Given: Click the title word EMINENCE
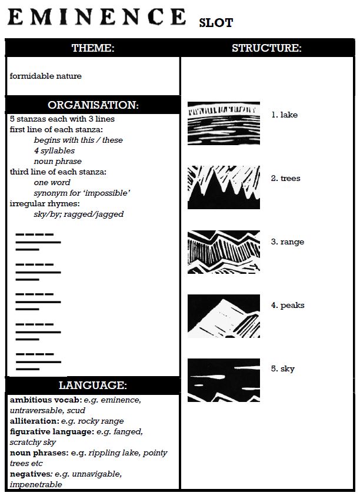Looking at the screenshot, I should (97, 16).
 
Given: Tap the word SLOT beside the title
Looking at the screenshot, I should (216, 23).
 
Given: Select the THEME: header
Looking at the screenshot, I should (93, 48).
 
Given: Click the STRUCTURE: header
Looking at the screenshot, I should (266, 48).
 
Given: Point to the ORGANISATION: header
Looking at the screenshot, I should (93, 105).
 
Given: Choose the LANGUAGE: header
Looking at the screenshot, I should (93, 386).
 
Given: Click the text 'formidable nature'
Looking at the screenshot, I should (45, 76).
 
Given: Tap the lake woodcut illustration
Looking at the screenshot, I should (224, 123).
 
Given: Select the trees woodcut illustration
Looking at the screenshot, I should (224, 187).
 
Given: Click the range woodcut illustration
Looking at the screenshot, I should (224, 252).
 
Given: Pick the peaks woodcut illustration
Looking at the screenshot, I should (224, 316).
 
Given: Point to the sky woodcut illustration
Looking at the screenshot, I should (224, 380).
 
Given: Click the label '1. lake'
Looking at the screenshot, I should (285, 115).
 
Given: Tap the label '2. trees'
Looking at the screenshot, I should (286, 179).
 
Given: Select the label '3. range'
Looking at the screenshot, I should (288, 242).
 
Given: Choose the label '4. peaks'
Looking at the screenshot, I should (288, 306).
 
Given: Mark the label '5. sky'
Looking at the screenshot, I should (283, 369).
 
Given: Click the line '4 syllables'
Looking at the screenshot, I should (54, 151).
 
